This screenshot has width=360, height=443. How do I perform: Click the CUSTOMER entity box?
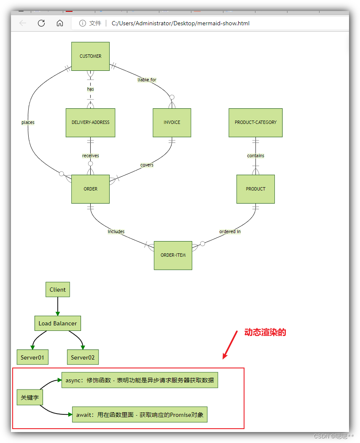pos(90,56)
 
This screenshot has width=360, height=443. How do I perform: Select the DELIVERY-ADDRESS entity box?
pos(90,123)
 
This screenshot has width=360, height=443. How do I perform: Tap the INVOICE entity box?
pos(172,123)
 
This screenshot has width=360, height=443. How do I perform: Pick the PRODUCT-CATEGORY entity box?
pos(255,123)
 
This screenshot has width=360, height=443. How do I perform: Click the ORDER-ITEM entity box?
pos(173,255)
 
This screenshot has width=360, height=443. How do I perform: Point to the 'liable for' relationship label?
pos(147,80)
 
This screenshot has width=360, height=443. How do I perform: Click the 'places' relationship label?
pos(28,123)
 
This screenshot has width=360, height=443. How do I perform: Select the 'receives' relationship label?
pos(91,156)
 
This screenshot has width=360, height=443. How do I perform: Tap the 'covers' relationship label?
pos(147,165)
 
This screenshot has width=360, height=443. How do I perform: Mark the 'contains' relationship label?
pos(255,156)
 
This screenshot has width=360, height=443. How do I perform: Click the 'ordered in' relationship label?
pos(230,232)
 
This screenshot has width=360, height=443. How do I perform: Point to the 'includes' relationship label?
pos(116,232)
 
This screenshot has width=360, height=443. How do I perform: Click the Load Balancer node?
pos(58,324)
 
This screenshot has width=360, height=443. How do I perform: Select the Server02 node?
pos(83,357)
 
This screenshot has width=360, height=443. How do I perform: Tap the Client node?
pos(58,290)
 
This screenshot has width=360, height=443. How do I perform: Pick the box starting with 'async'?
pos(140,380)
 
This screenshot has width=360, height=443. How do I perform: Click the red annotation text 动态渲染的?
pos(265,333)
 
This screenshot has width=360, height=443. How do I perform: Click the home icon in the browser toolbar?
pos(60,23)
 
